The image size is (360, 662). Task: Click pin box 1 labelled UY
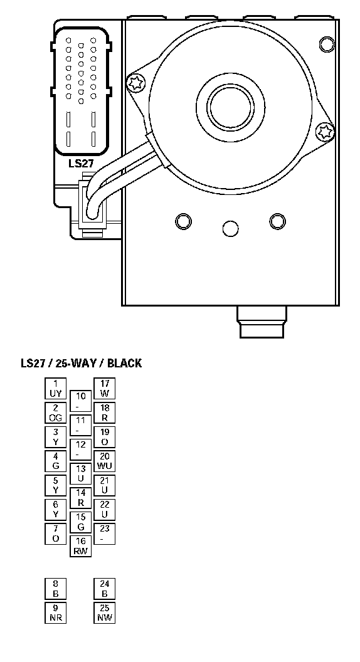56,389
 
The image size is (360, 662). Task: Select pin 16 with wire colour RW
80,546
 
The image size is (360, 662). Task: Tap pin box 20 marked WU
104,461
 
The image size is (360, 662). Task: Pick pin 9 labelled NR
56,612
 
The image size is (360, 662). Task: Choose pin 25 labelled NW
104,612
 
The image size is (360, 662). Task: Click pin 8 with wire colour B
56,589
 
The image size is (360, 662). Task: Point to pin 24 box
104,589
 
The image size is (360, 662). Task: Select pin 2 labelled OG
56,412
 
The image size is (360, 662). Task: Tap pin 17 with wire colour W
104,389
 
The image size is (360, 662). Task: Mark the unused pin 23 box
104,533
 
